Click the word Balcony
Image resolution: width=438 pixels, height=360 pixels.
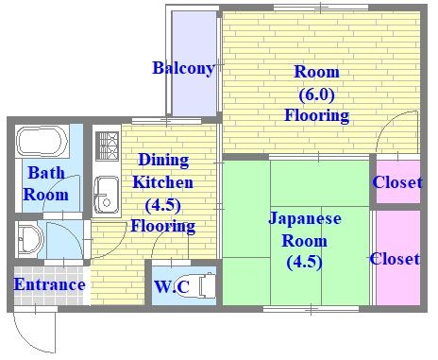183,68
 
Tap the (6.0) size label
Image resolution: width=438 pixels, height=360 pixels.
316,94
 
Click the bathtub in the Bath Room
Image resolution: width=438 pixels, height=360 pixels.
42,143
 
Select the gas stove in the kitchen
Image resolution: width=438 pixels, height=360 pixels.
104,149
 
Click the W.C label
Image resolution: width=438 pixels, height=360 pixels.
171,284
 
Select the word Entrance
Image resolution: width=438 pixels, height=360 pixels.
49,284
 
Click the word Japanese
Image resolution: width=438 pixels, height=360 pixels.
305,218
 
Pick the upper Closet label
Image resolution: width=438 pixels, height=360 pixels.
396,182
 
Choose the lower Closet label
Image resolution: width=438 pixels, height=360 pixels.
395,258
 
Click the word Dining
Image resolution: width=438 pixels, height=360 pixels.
163,160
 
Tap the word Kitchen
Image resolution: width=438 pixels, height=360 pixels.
162,181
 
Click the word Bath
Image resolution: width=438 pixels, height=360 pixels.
45,173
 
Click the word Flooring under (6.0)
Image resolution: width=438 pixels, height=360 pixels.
316,116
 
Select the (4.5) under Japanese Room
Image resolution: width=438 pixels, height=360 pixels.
304,261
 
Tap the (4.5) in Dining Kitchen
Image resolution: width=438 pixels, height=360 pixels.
162,204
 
